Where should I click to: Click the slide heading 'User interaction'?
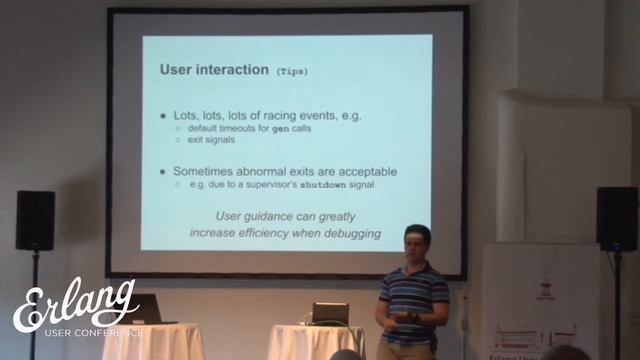point(213,71)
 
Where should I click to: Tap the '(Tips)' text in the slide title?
point(292,72)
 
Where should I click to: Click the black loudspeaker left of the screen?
point(35,220)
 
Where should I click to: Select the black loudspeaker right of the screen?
point(616,218)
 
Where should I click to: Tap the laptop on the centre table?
point(329,313)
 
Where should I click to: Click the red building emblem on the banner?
point(545,289)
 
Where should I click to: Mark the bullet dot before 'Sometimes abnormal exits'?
point(164,172)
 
